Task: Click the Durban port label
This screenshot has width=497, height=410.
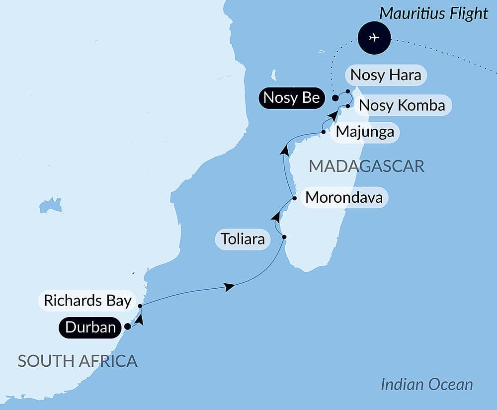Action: tap(91, 328)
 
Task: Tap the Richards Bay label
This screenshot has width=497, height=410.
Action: tap(87, 301)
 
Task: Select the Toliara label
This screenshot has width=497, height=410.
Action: tap(243, 241)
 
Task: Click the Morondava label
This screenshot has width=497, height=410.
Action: tap(344, 198)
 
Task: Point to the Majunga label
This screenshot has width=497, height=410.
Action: tap(365, 132)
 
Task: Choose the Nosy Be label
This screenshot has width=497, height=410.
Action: tap(291, 98)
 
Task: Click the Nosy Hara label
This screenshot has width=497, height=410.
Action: tap(386, 75)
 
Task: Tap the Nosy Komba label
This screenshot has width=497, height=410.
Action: tap(402, 106)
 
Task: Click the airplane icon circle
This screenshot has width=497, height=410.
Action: tap(374, 38)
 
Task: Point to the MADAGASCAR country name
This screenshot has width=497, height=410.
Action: tap(366, 166)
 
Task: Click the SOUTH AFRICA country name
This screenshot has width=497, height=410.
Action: tap(78, 361)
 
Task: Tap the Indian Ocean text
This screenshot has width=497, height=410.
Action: tap(426, 384)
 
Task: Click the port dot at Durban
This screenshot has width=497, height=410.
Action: tap(127, 327)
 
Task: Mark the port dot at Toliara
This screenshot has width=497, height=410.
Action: tap(284, 237)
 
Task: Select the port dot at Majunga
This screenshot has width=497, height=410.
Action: tap(324, 132)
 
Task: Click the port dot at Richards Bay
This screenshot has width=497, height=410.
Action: tap(140, 306)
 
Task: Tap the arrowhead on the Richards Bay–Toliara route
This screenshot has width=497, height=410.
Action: tap(229, 287)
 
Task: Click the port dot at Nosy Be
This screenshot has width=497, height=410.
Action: tap(335, 98)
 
